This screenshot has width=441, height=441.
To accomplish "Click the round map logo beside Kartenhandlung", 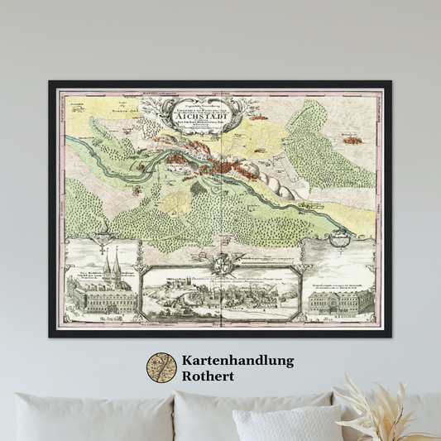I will (161, 368).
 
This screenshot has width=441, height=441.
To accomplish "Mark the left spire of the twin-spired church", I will (100, 261).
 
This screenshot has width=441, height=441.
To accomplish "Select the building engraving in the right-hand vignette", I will (339, 302).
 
